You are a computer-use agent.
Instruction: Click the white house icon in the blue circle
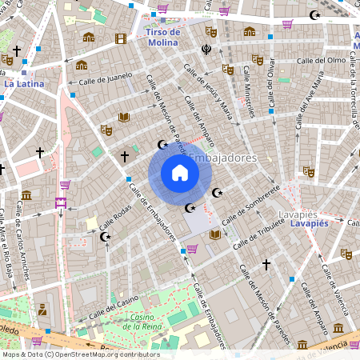pyautogui.click(x=179, y=173)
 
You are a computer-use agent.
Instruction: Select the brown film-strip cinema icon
pyautogui.click(x=120, y=38)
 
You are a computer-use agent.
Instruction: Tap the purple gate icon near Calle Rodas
pyautogui.click(x=61, y=202)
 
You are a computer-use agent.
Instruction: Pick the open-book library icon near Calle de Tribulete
pyautogui.click(x=214, y=234)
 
